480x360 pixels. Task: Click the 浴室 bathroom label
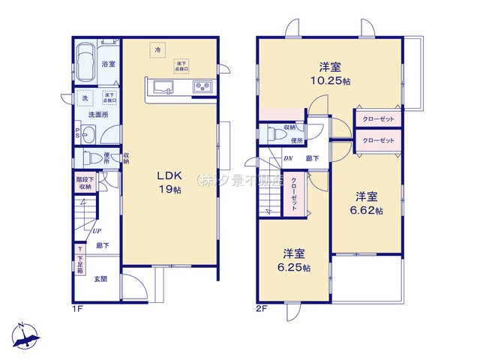[108, 64]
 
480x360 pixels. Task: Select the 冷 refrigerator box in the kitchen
[157, 50]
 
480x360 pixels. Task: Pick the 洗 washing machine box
[83, 98]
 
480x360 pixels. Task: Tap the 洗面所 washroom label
[97, 115]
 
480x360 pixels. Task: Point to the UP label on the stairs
[97, 231]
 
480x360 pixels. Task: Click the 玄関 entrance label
[100, 279]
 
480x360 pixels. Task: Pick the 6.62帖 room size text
[367, 211]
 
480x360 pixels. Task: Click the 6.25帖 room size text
[293, 266]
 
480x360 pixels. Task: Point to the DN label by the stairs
[288, 158]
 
